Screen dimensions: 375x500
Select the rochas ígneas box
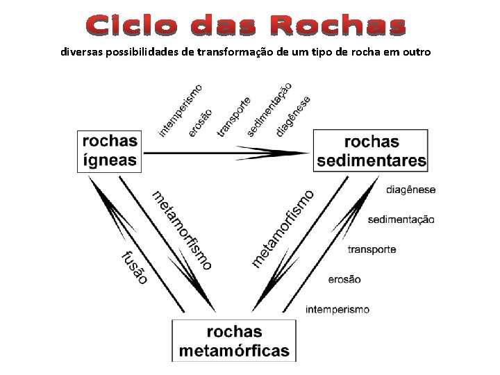click(110, 151)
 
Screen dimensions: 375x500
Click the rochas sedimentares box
click(372, 151)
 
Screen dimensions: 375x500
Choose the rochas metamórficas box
click(234, 340)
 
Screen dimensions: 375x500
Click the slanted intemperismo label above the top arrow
click(181, 110)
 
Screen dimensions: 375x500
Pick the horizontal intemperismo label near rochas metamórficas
click(337, 310)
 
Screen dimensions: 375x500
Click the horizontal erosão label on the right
click(344, 279)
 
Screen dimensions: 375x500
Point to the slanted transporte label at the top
click(234, 116)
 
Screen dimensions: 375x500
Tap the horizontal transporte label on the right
click(372, 249)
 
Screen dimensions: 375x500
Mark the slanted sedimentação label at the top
click(269, 109)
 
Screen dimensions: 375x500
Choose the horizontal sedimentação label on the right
click(401, 219)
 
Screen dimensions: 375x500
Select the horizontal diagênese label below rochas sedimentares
click(410, 189)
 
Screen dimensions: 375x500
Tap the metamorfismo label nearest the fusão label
click(182, 229)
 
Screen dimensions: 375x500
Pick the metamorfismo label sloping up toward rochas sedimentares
click(283, 228)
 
